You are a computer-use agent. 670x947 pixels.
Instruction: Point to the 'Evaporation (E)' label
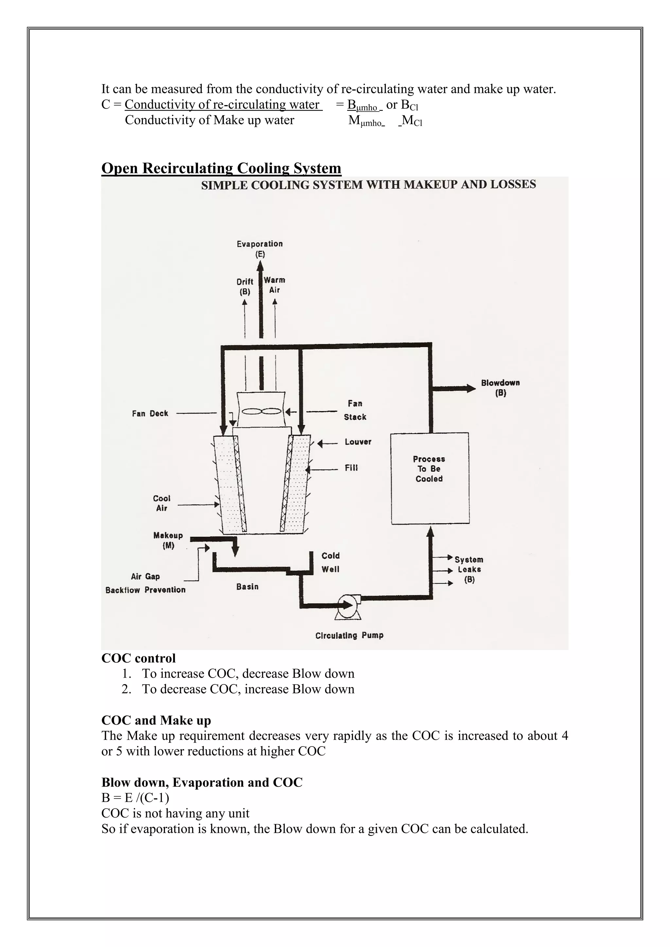[x=259, y=249]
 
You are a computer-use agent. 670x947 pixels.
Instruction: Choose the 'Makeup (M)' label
[x=168, y=540]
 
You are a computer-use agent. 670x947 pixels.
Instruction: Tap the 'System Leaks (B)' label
[x=469, y=569]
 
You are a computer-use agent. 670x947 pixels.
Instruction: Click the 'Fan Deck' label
[x=150, y=413]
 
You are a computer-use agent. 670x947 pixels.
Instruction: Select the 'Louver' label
[x=358, y=442]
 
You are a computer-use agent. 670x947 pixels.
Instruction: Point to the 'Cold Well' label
[x=330, y=562]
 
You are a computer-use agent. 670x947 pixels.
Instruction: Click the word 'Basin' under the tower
[x=248, y=587]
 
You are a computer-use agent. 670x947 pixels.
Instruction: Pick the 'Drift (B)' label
[x=245, y=286]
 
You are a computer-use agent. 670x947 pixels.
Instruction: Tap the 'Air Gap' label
[x=145, y=576]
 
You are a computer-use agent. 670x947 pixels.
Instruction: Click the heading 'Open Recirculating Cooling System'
[x=221, y=168]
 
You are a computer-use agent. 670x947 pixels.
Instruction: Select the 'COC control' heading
[x=139, y=658]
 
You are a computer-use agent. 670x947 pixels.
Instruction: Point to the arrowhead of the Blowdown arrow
[x=471, y=388]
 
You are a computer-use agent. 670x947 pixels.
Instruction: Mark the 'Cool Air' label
[x=162, y=503]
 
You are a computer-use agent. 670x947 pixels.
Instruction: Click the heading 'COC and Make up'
[x=156, y=720]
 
